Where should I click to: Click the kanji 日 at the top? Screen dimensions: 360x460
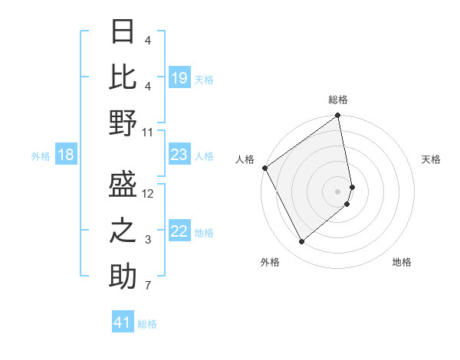pos(123,32)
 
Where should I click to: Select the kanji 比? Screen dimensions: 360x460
pos(123,77)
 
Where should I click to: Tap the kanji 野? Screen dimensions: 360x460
pos(123,123)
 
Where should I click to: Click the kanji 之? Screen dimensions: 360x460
pos(123,230)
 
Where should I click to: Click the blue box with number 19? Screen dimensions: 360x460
pos(179,78)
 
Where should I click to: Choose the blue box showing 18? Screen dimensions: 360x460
pos(65,155)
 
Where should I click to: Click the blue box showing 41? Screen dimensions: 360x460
pos(123,322)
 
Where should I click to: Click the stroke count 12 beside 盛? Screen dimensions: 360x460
pos(148,194)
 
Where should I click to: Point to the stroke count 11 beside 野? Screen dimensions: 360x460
pos(148,132)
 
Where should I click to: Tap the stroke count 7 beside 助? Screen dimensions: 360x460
pos(148,286)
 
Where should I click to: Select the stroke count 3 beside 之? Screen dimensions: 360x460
pos(148,240)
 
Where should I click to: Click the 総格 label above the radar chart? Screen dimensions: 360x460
pos(338,100)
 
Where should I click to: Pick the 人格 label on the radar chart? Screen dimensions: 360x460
pos(245,159)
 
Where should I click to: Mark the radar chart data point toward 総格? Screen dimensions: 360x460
pos(337,116)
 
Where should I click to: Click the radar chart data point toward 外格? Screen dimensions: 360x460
pos(301,242)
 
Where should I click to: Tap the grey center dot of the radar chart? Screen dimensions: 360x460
pos(338,191)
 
